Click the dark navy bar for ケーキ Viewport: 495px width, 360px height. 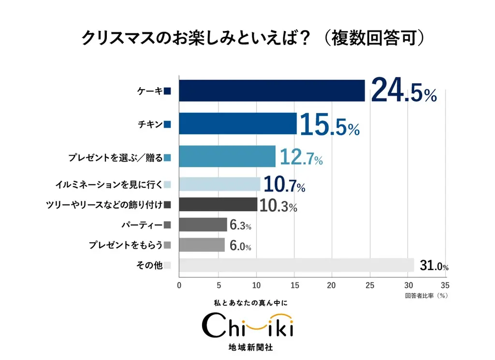pos(272,90)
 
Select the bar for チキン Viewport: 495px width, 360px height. pos(237,123)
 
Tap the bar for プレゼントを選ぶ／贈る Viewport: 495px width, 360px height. pos(227,156)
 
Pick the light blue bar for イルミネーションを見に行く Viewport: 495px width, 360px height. pos(219,184)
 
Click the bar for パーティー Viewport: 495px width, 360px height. pos(203,225)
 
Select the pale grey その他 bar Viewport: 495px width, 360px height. pos(296,265)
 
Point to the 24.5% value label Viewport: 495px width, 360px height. pos(404,90)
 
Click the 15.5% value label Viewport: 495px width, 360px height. pos(329,125)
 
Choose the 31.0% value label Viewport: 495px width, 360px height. pos(434,266)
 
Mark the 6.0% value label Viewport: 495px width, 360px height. pos(240,246)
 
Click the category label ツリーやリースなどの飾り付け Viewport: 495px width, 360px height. pos(105,204)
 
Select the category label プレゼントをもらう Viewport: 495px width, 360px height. pos(125,245)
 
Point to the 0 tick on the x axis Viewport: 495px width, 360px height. pos(179,285)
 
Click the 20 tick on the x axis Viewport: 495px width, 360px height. pos(332,285)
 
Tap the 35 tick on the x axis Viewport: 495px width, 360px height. pos(445,285)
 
